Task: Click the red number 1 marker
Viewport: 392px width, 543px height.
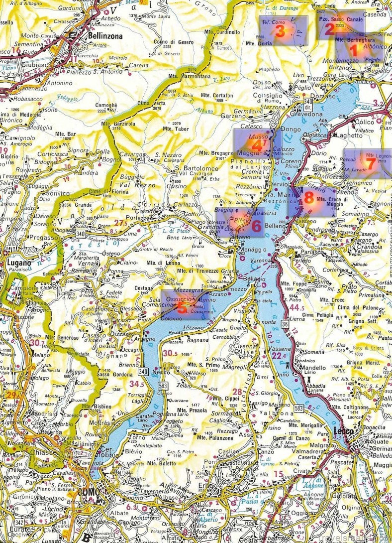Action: [x=354, y=49]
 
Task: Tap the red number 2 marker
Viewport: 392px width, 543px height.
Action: [x=329, y=28]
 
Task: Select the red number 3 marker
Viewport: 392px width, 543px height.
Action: [x=280, y=32]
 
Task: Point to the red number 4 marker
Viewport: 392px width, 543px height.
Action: [x=257, y=145]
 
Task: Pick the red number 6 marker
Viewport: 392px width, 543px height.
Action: [x=256, y=225]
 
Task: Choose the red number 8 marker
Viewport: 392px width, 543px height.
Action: [x=308, y=198]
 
